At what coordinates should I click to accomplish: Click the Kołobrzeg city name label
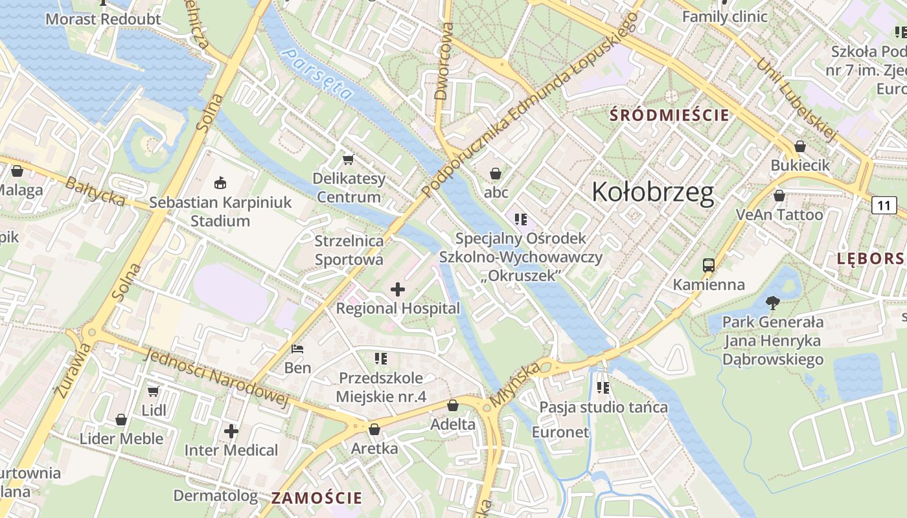point(653,192)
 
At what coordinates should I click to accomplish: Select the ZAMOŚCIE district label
point(316,498)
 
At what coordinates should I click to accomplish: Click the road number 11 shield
point(884,206)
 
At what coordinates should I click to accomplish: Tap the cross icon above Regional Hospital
point(398,289)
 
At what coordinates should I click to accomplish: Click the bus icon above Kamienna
point(709,265)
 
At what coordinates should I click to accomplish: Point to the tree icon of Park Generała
point(772,302)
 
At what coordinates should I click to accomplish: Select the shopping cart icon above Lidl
point(154,391)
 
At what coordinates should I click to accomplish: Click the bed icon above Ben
point(297,349)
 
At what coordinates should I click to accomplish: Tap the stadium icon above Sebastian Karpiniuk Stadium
point(220,183)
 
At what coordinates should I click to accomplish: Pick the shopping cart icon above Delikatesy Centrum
point(349,159)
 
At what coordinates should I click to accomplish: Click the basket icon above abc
point(496,174)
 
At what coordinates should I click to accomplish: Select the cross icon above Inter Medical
point(231,431)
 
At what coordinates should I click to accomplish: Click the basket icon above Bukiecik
point(800,146)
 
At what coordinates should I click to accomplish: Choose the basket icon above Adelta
point(453,405)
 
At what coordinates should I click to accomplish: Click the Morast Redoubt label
point(103,19)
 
